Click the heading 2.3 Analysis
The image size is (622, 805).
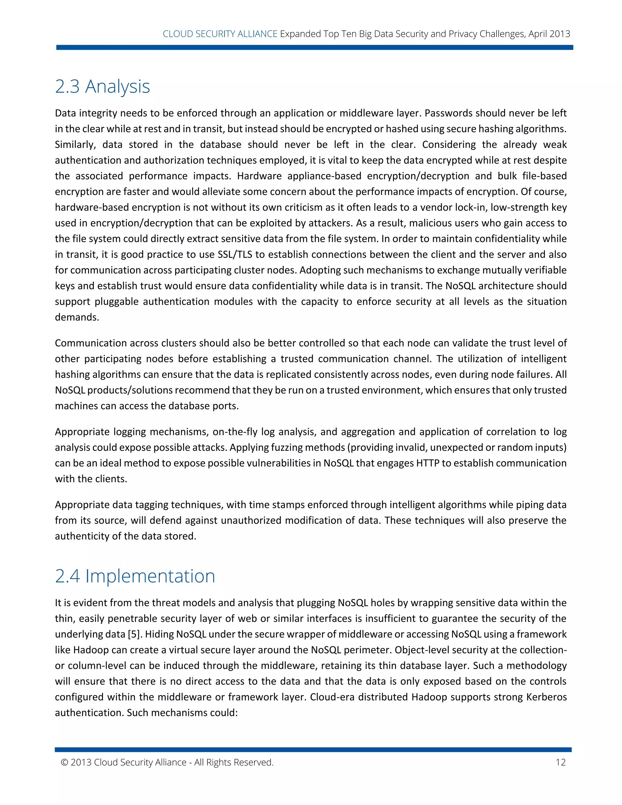(x=102, y=87)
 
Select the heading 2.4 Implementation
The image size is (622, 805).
(x=135, y=576)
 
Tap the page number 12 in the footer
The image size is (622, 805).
(x=560, y=762)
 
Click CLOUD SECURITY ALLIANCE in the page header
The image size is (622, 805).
(x=220, y=34)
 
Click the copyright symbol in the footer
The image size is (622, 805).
(x=64, y=762)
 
